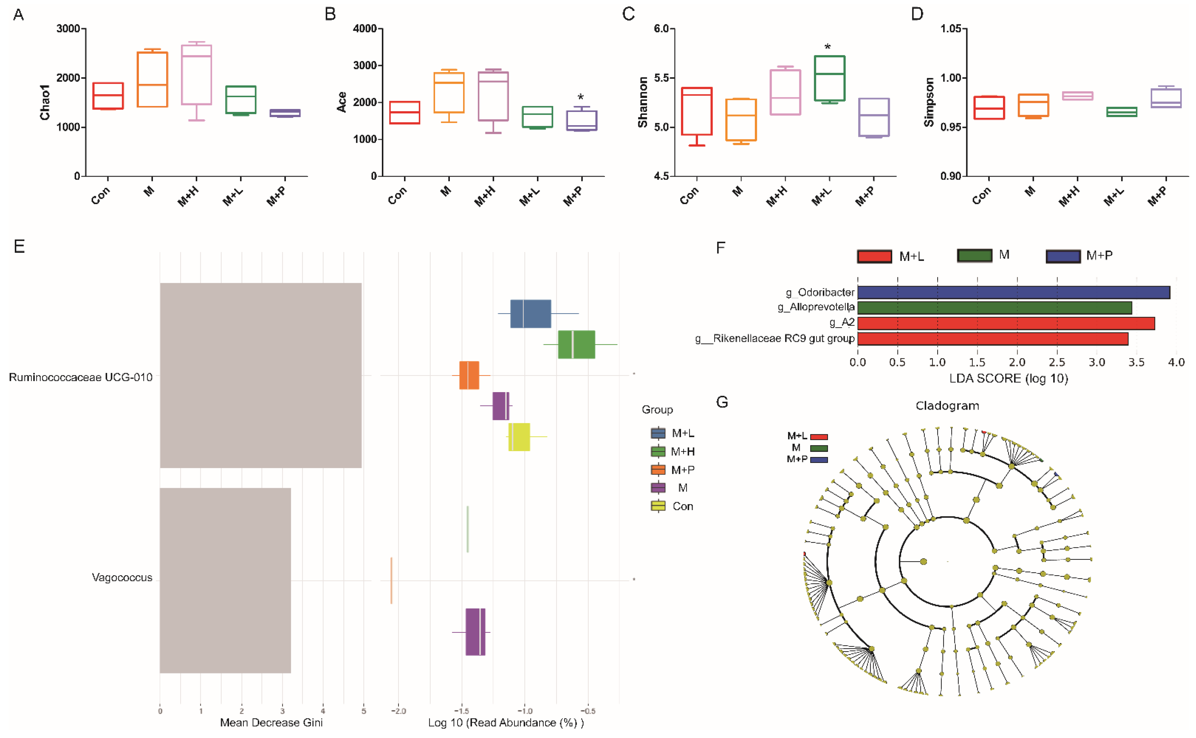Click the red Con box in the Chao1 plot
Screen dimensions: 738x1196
[x=108, y=96]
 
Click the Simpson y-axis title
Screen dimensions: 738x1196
[x=928, y=102]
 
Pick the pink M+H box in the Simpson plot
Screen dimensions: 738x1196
[x=1078, y=96]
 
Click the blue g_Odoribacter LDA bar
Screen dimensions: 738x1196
[x=1013, y=292]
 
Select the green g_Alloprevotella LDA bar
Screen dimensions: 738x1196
[x=994, y=307]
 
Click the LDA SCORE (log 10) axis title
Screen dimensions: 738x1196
[x=1008, y=378]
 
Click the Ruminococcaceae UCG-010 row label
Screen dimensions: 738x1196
[x=81, y=377]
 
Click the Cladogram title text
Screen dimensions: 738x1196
[x=947, y=406]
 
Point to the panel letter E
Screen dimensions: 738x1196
[x=19, y=246]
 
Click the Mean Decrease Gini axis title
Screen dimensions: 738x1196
[x=271, y=722]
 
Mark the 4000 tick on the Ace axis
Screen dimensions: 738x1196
[x=365, y=29]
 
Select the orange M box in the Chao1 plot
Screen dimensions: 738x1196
[x=152, y=80]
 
